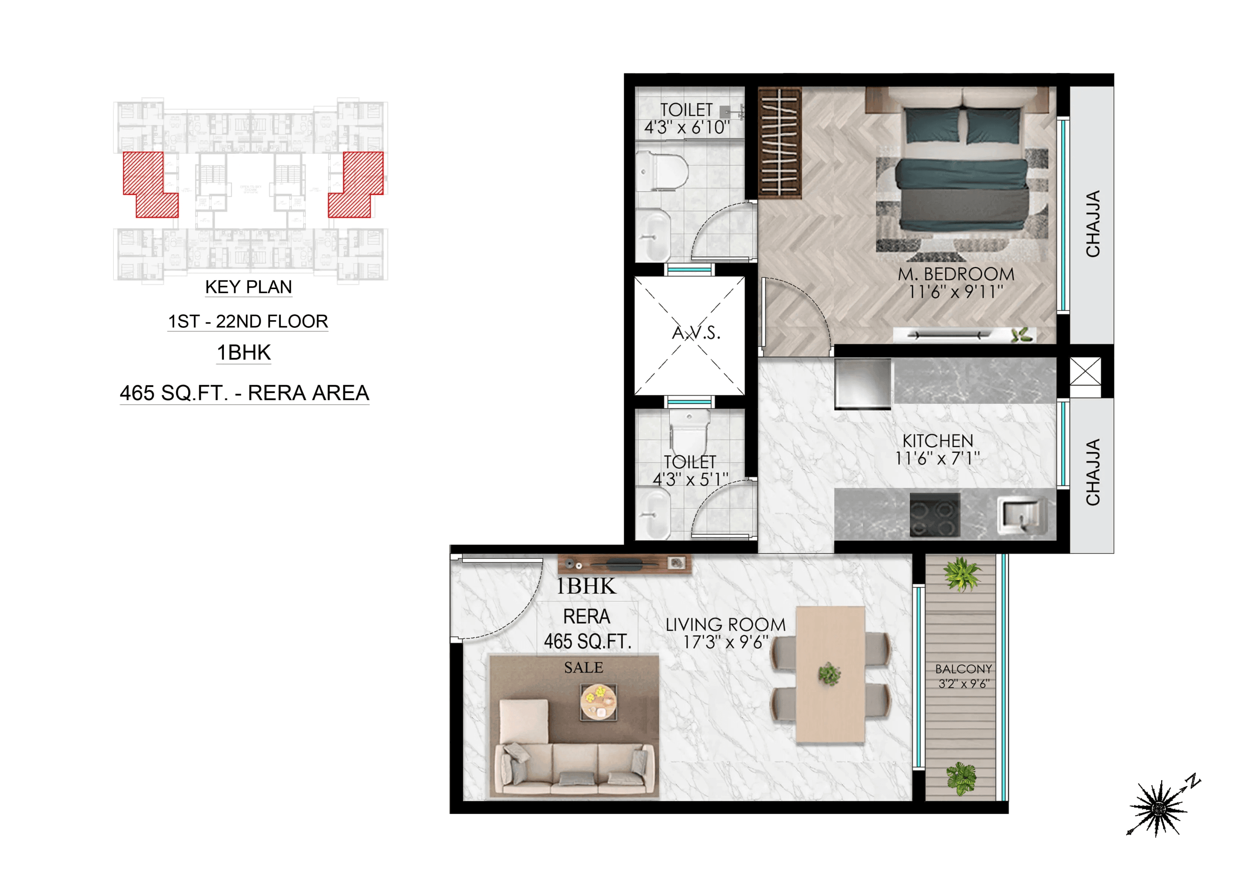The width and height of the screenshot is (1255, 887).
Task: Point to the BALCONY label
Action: [963, 668]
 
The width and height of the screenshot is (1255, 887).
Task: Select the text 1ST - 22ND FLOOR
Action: [248, 321]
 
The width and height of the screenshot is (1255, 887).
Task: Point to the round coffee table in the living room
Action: [599, 702]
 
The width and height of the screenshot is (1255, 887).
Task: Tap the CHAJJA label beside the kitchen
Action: [1092, 472]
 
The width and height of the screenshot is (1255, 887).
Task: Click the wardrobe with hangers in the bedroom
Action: [780, 142]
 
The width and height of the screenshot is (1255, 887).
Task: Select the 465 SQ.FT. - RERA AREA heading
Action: [244, 393]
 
